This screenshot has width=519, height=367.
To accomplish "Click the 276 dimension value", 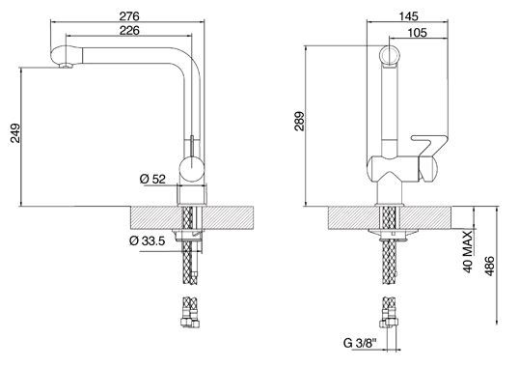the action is pos(129,15).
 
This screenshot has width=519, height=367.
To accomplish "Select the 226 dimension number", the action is pos(129,31).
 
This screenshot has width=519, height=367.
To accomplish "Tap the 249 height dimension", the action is pos(15,133).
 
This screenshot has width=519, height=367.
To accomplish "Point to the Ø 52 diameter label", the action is pos(152,180).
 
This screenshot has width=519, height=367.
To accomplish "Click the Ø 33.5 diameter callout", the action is pos(147,240).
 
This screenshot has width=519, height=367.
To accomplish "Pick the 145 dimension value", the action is pos(408,15).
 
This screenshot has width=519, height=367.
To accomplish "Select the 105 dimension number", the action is pos(417,33).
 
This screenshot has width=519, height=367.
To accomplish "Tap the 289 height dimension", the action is pos(300,122).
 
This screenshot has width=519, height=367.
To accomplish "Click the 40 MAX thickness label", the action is pos(467,252).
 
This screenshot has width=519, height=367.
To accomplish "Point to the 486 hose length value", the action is pos(489,266).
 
